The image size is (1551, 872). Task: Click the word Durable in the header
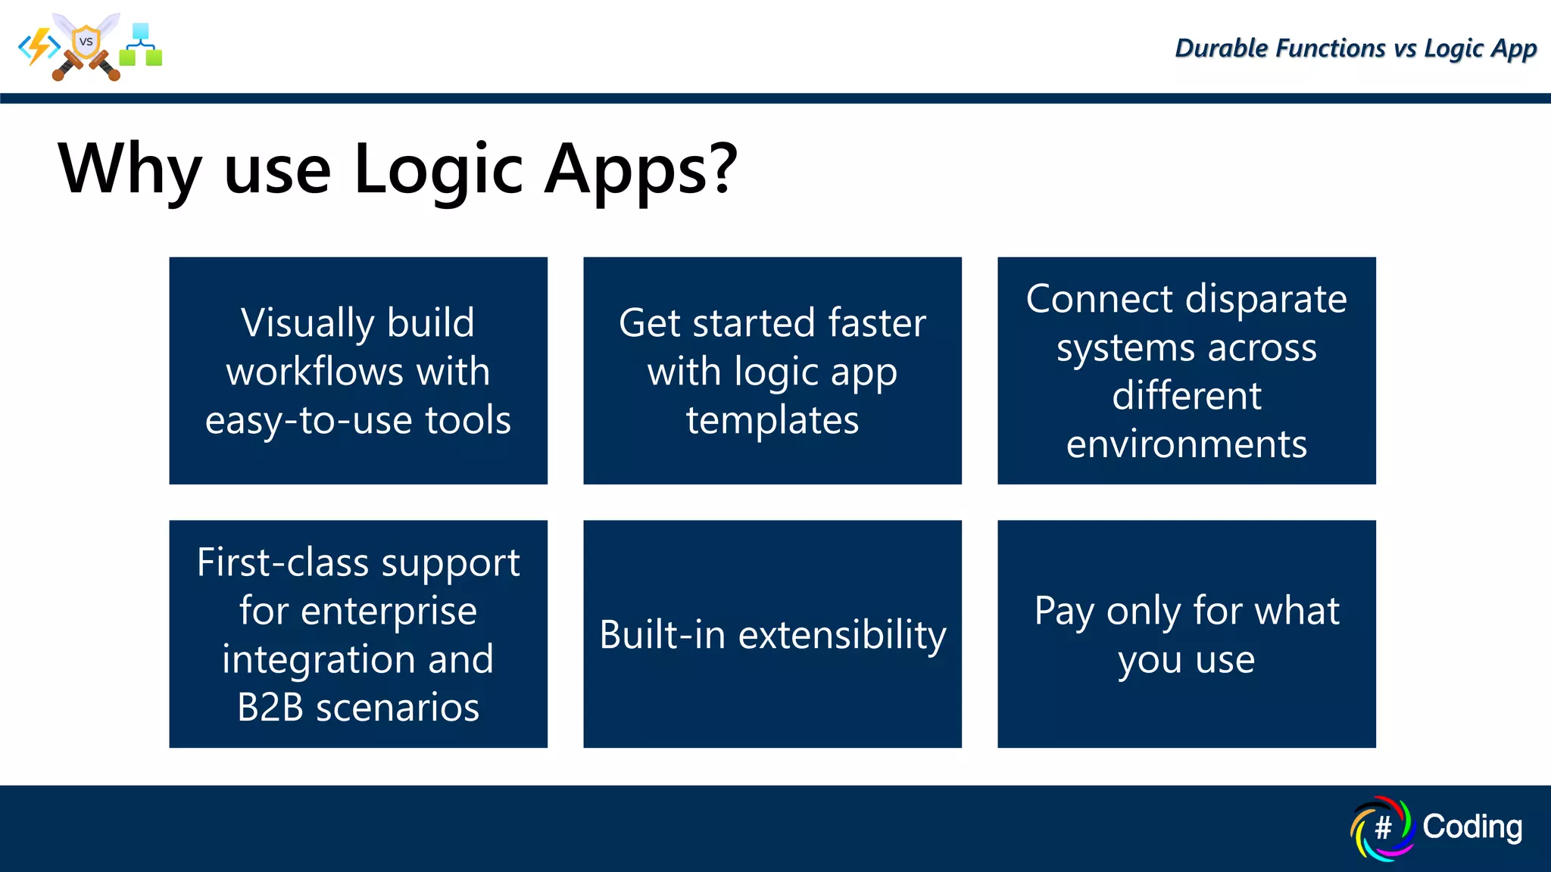pyautogui.click(x=1220, y=48)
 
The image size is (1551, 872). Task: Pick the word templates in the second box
pyautogui.click(x=772, y=421)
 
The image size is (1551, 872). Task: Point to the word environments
pyautogui.click(x=1186, y=444)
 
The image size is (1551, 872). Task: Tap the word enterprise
pyautogui.click(x=389, y=612)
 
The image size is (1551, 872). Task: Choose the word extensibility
pyautogui.click(x=842, y=635)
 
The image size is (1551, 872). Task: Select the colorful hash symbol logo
pyautogui.click(x=1382, y=828)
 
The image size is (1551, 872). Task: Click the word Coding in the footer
pyautogui.click(x=1471, y=827)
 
